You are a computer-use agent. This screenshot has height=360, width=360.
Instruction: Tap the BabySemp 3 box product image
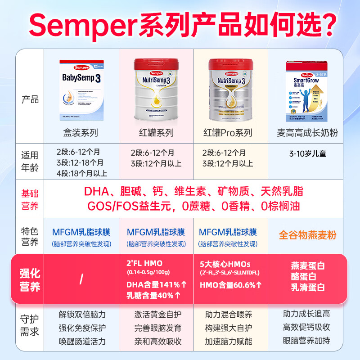[81, 90]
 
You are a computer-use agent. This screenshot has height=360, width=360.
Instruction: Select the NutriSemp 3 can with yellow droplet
[156, 90]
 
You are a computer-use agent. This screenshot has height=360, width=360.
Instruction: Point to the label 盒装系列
[81, 133]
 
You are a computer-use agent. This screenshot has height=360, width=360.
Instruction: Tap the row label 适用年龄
[30, 162]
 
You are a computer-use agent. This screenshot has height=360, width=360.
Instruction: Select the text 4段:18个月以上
[82, 172]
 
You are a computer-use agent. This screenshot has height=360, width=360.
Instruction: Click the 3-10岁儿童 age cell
[307, 153]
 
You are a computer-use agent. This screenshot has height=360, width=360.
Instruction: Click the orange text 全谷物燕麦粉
[307, 235]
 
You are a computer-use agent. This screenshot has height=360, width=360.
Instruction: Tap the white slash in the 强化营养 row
[81, 279]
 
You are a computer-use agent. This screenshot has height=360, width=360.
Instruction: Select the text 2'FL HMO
[144, 263]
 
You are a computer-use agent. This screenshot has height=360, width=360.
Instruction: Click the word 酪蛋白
[308, 276]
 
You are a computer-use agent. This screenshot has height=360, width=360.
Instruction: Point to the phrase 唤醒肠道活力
[81, 341]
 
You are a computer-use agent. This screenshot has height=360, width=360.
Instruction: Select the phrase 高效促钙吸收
[306, 327]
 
